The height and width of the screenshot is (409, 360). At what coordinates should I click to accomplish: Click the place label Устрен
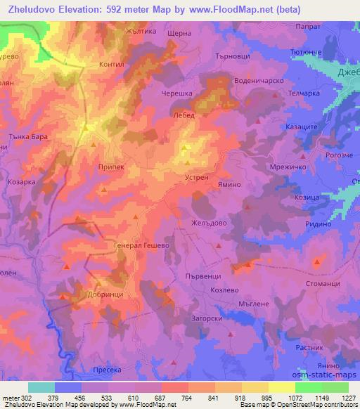[x=198, y=178]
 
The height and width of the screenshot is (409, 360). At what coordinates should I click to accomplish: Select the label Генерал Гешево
[x=143, y=247]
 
